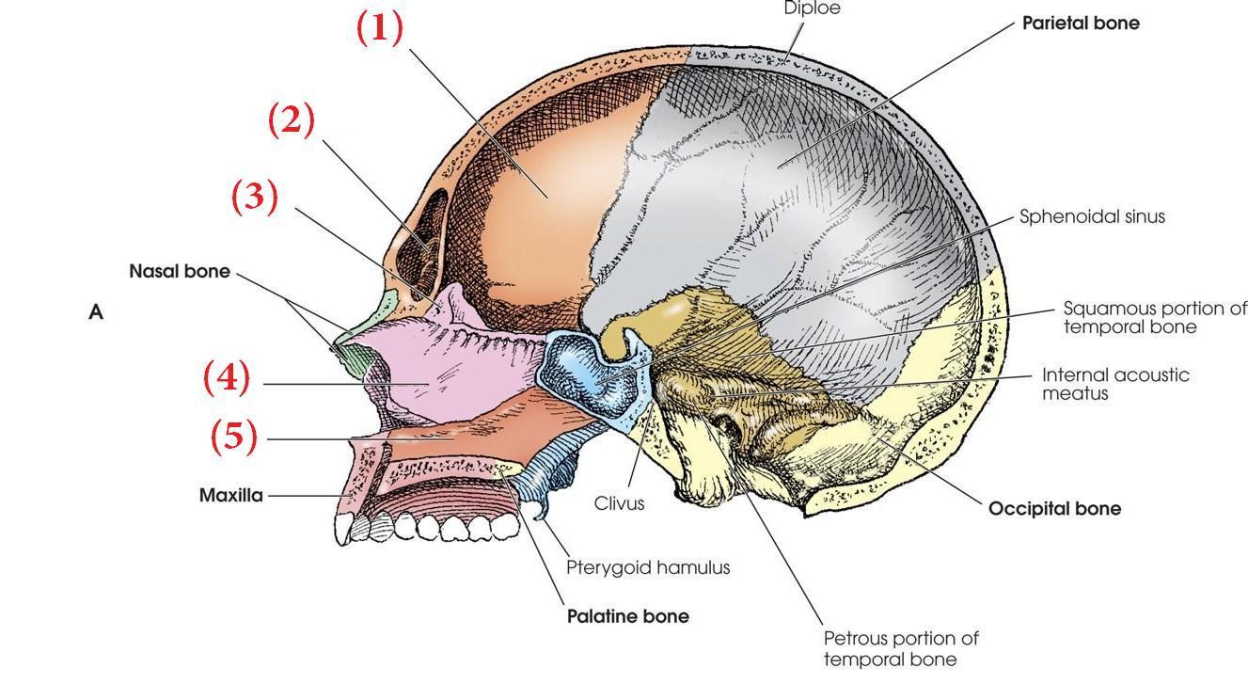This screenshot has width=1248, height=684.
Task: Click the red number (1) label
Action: (x=380, y=28)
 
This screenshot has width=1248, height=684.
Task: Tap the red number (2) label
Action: (x=292, y=120)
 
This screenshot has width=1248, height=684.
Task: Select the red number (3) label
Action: (x=255, y=198)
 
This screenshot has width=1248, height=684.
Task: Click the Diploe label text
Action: (x=812, y=8)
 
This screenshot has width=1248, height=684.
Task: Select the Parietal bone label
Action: (x=1081, y=24)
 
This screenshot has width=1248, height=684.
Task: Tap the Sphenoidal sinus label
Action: (x=1092, y=216)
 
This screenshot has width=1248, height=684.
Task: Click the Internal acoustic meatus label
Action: (x=1114, y=383)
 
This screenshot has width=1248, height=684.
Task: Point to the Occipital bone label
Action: (x=1054, y=509)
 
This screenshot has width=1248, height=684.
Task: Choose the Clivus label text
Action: (x=619, y=503)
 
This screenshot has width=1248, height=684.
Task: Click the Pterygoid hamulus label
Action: (x=648, y=567)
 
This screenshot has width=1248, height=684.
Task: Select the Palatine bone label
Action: (x=627, y=616)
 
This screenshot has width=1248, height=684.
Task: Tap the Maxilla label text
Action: (x=230, y=494)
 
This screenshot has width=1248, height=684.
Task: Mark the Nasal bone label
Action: (x=179, y=272)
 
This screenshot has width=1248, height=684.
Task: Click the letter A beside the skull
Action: (x=95, y=312)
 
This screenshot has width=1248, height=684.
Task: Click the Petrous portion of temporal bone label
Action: (x=900, y=648)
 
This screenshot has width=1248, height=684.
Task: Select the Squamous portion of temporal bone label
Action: (x=1154, y=317)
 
